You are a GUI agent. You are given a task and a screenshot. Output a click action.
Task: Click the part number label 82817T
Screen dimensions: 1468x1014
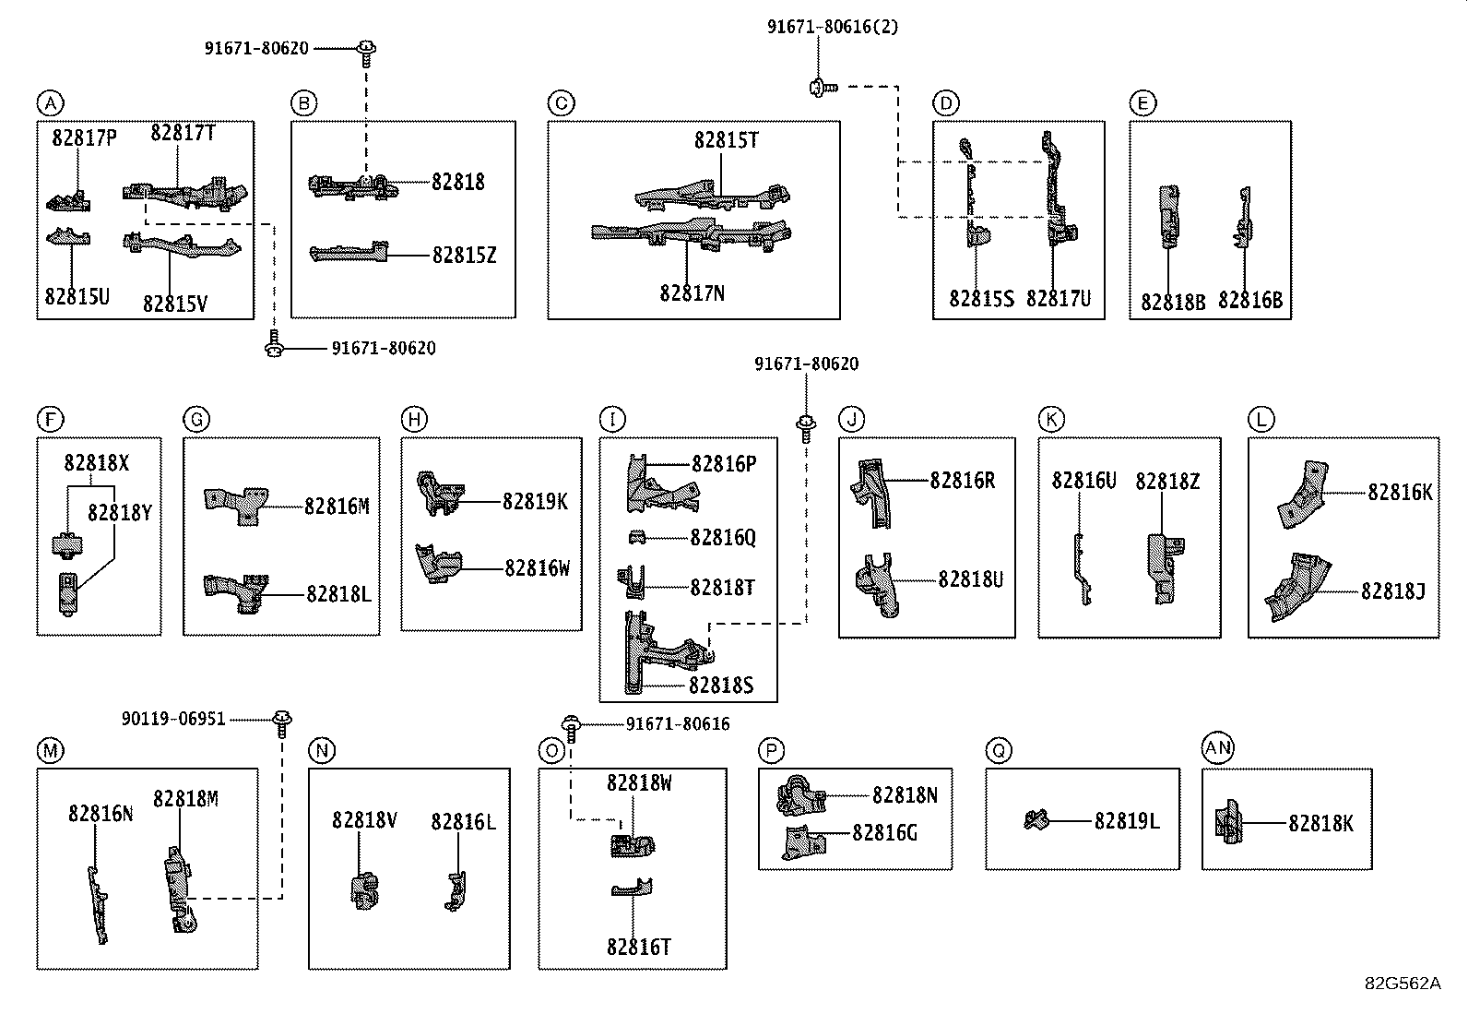(183, 133)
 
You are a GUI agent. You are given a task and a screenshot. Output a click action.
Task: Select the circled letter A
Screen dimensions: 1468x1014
(51, 103)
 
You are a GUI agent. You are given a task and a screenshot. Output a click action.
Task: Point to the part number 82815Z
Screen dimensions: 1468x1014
(464, 255)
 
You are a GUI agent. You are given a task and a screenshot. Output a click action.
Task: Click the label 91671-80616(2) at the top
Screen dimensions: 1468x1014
(833, 26)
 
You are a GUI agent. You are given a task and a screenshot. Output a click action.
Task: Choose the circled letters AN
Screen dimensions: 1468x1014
(1218, 747)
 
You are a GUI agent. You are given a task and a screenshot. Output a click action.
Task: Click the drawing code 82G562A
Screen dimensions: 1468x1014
(1403, 984)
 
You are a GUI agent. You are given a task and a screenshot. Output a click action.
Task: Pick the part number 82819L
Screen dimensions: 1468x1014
(1127, 820)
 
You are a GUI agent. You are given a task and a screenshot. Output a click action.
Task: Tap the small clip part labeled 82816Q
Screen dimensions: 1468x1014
(637, 537)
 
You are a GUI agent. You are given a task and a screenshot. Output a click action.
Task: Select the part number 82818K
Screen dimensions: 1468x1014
(1320, 823)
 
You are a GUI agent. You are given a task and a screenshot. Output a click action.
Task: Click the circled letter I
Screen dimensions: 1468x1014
(613, 419)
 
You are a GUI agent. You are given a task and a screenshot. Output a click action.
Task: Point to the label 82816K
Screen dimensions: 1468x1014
(1400, 492)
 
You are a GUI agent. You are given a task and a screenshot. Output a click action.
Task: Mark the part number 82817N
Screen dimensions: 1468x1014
(693, 292)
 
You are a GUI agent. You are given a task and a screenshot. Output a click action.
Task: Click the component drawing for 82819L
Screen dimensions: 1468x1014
(1036, 820)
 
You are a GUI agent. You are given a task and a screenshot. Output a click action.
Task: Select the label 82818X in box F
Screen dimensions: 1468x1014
(96, 463)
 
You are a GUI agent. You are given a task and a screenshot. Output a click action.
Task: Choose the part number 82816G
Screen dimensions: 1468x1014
(884, 832)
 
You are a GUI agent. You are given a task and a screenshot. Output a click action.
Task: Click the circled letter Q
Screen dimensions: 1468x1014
(999, 750)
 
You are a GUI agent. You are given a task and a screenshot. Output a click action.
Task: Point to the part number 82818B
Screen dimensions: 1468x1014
(1173, 302)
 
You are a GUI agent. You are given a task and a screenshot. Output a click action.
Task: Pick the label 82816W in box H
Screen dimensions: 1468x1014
(537, 567)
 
